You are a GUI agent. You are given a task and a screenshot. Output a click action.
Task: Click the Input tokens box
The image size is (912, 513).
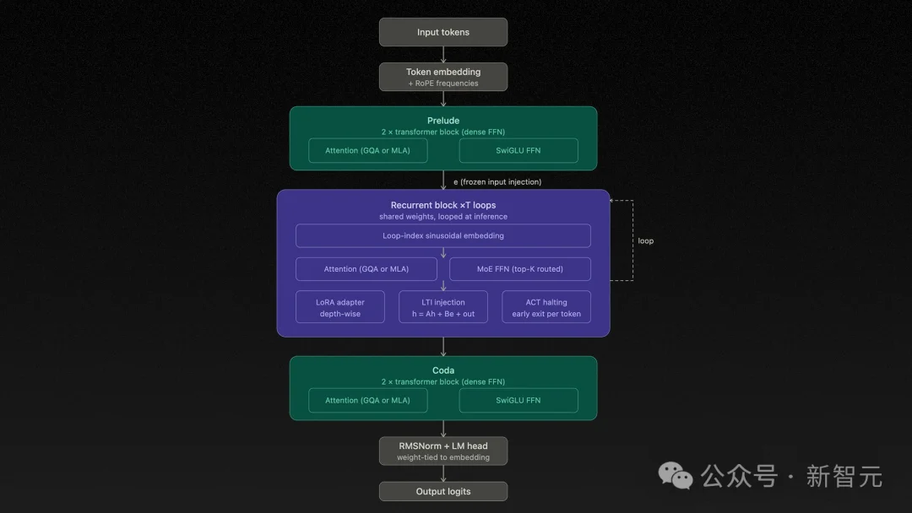(x=443, y=32)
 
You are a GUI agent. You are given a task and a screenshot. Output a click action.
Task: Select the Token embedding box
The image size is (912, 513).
(x=443, y=77)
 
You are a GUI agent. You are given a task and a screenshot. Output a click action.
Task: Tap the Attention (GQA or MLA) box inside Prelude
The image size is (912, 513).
(x=367, y=151)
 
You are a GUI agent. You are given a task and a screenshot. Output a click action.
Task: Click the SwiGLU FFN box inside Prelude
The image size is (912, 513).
(x=518, y=151)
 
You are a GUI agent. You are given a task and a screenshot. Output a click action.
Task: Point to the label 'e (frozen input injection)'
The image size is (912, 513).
(x=497, y=182)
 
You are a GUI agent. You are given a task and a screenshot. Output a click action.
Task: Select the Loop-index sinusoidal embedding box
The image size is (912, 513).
(x=443, y=235)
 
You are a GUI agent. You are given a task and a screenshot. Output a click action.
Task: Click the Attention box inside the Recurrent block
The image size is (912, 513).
(x=366, y=269)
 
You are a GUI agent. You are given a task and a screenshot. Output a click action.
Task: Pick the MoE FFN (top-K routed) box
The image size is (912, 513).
(x=520, y=269)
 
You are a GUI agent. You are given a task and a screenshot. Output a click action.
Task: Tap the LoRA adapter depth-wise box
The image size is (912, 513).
(x=340, y=307)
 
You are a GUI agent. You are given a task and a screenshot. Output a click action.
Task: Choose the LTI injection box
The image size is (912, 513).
(x=443, y=307)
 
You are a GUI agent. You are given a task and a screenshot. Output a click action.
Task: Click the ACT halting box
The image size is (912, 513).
(x=546, y=307)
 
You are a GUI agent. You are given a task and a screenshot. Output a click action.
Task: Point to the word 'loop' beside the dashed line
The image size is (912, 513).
(x=645, y=241)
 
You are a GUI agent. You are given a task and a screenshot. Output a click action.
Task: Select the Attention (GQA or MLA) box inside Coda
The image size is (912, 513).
(x=367, y=401)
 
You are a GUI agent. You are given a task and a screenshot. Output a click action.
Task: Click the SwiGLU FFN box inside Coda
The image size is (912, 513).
(x=518, y=401)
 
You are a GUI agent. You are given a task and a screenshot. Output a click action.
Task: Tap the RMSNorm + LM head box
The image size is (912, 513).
(x=443, y=451)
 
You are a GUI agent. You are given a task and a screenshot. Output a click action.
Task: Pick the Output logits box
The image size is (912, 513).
(x=443, y=491)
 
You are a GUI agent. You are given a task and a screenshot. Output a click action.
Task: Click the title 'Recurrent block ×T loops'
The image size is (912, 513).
(x=443, y=205)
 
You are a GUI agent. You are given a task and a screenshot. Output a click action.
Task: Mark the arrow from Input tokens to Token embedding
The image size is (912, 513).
(x=443, y=54)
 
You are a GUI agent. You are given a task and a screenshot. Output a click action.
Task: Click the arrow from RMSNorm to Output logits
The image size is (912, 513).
(x=443, y=472)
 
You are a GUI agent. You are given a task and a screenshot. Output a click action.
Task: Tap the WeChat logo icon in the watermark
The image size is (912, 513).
(x=676, y=476)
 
